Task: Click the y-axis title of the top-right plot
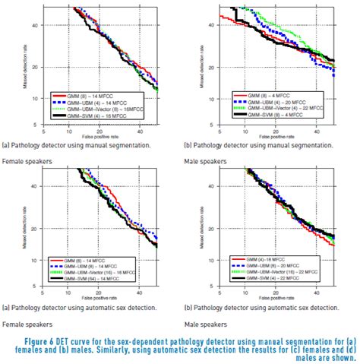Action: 188,71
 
